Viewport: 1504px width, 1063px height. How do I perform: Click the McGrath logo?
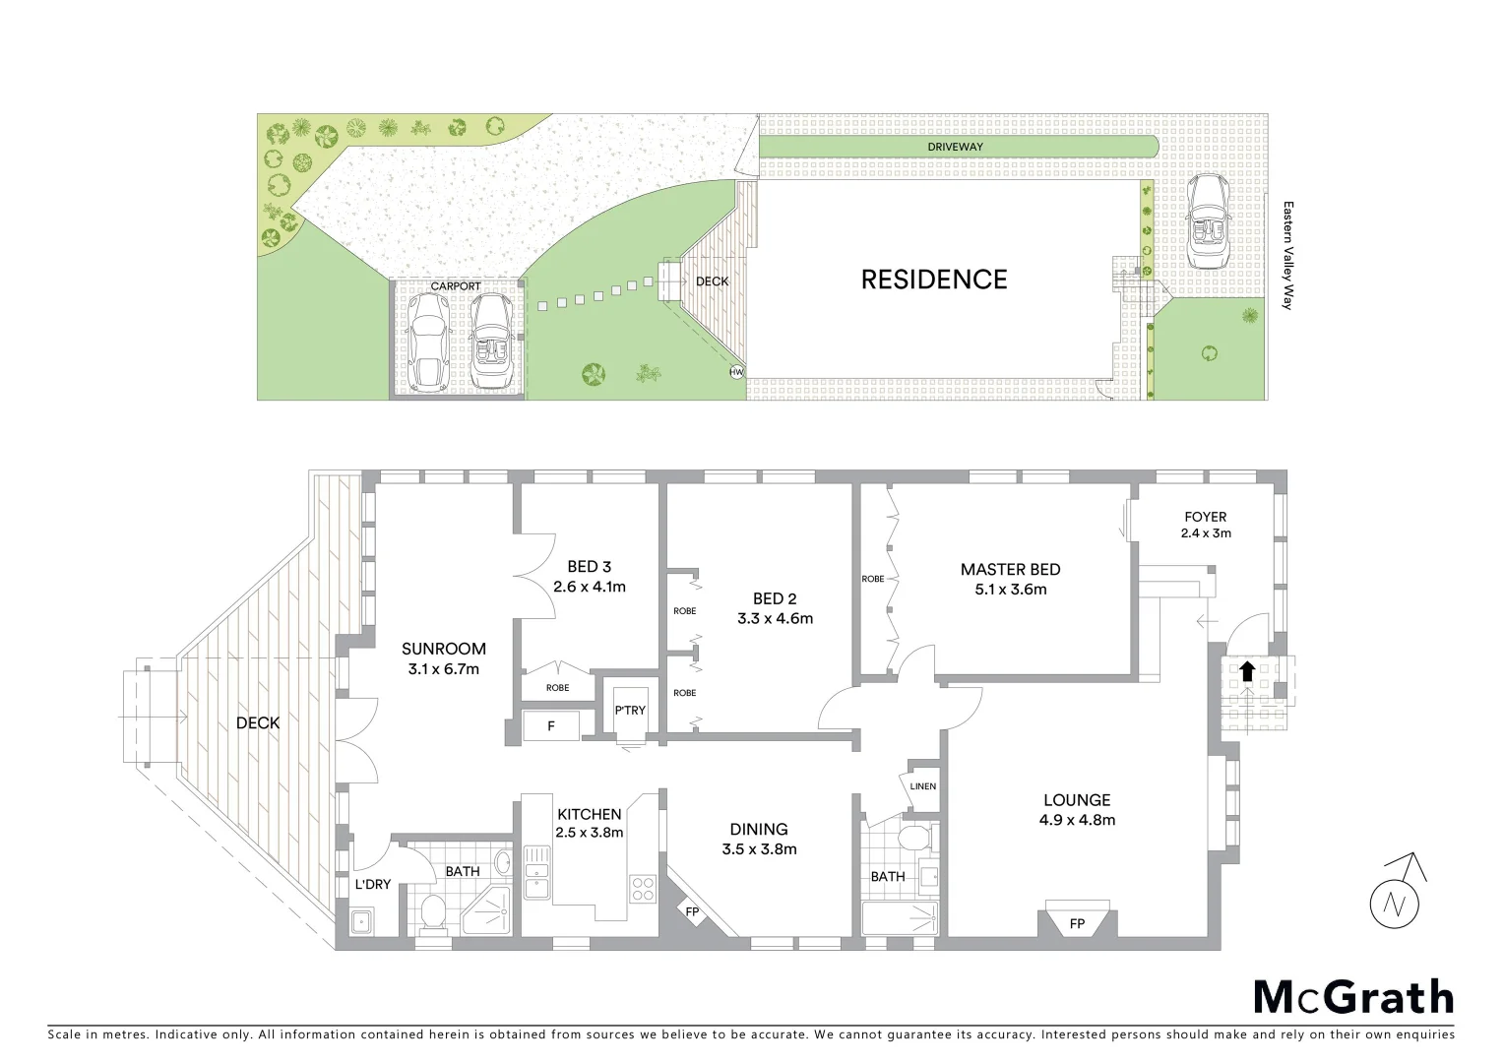coord(1353,997)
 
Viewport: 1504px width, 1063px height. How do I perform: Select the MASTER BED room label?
coord(1010,569)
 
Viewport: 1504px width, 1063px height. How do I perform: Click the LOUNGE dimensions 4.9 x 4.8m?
coord(1077,820)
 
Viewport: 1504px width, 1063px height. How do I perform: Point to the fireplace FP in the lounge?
coord(1077,922)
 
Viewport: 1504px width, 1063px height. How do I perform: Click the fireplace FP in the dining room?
coord(693,911)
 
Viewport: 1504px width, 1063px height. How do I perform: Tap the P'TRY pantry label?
coord(630,710)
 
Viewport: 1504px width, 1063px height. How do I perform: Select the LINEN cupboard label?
coord(923,786)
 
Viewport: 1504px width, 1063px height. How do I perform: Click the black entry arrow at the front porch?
coord(1246,671)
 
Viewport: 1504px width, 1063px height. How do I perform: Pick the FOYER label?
coord(1206,516)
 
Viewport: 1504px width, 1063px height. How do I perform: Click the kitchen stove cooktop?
coord(642,889)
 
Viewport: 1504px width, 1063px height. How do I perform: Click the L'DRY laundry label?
coord(373,884)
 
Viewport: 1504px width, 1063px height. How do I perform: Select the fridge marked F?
coord(551,725)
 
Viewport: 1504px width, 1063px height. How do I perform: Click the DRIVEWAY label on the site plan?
coord(955,147)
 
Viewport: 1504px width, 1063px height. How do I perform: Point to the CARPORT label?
coord(456,286)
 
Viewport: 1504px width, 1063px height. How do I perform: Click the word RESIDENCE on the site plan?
coord(934,280)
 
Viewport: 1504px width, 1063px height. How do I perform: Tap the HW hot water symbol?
coord(736,372)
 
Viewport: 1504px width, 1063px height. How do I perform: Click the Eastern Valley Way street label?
coord(1286,256)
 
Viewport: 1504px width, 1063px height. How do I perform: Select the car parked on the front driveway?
coord(1206,221)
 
